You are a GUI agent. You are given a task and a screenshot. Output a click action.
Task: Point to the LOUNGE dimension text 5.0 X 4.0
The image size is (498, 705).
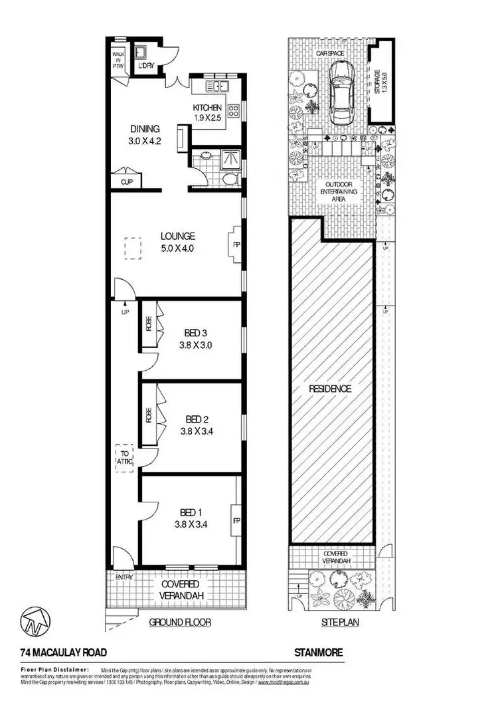177,249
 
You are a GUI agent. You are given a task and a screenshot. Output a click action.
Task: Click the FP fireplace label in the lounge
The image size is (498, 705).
236,245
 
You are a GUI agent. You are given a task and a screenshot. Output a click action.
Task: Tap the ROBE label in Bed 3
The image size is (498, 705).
149,323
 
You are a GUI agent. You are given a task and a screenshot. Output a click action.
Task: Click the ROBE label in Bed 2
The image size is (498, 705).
149,415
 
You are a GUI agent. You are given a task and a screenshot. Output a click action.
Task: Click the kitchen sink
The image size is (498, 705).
217,86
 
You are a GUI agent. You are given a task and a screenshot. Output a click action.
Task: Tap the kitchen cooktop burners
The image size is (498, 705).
234,111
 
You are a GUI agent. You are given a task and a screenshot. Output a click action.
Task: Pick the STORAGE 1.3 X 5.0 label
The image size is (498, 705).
378,82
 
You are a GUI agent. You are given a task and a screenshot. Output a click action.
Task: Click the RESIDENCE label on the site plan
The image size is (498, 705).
329,389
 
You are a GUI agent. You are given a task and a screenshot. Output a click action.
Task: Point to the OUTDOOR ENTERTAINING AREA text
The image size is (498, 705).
341,191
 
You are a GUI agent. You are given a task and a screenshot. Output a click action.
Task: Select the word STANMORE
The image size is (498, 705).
319,653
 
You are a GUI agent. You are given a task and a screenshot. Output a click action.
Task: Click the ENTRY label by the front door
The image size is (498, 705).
124,577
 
